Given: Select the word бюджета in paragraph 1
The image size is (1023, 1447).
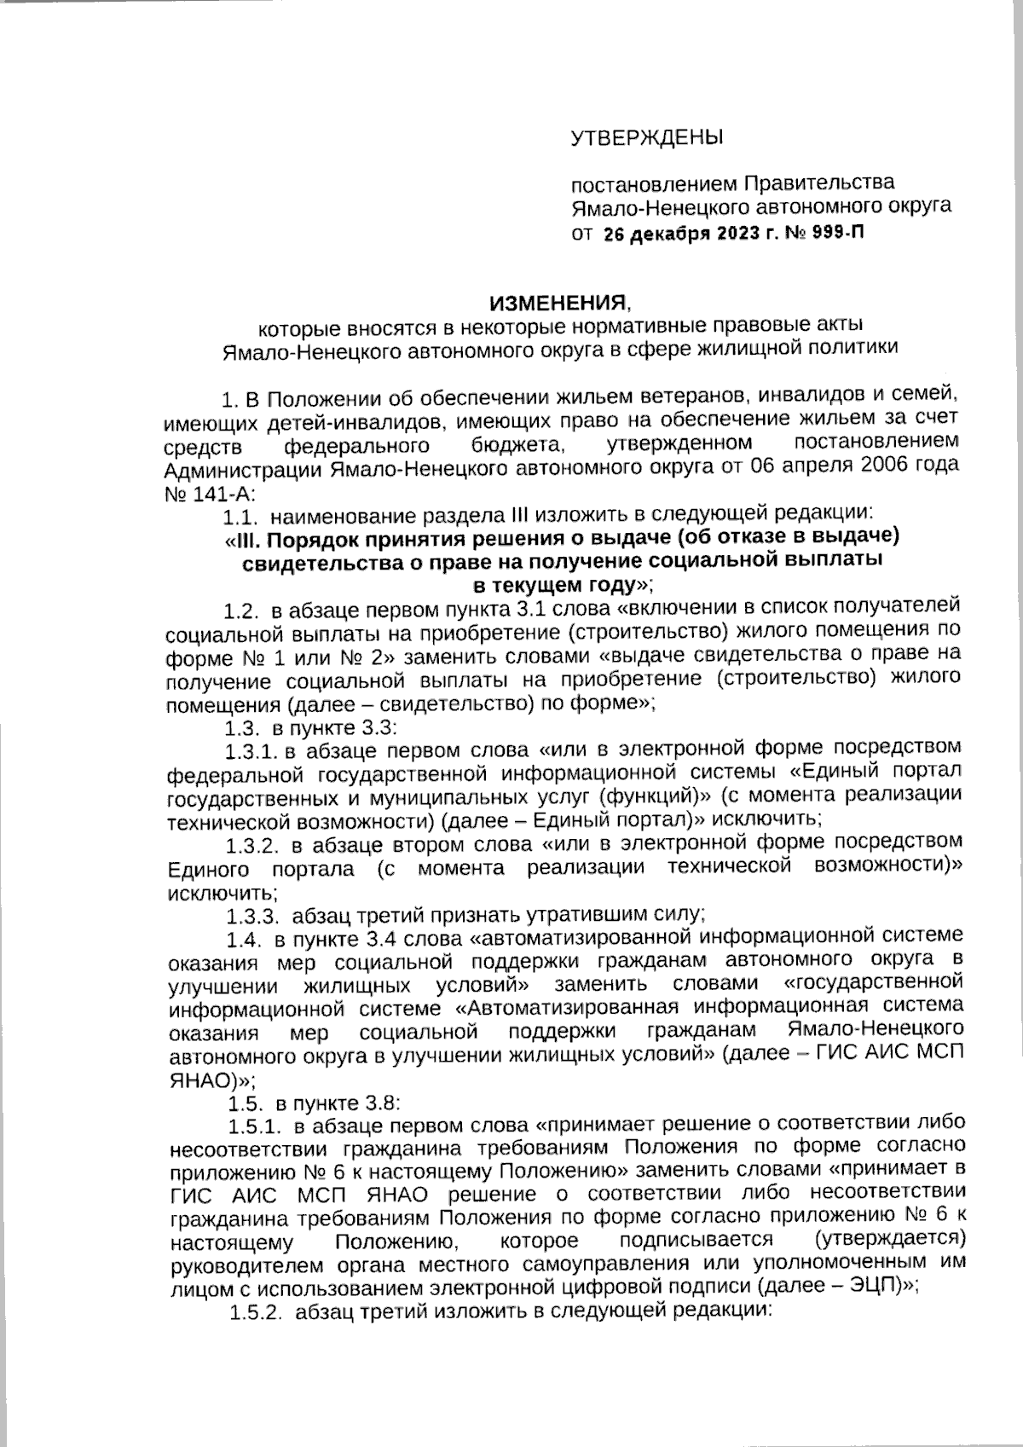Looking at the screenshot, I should (x=513, y=445).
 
